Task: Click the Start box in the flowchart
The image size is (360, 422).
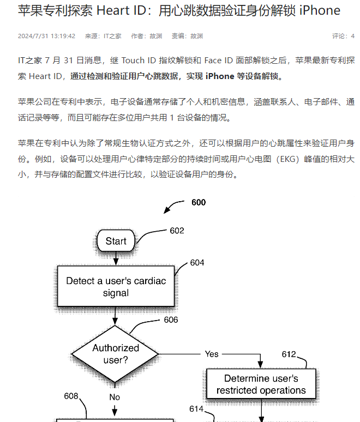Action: [x=116, y=240]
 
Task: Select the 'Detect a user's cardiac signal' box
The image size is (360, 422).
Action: [x=116, y=286]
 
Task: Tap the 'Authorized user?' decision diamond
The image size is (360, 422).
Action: [x=115, y=354]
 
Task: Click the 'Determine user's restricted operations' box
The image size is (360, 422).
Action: [x=261, y=384]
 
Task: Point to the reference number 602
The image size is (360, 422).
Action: [x=177, y=231]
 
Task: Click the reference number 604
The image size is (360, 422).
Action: [x=197, y=263]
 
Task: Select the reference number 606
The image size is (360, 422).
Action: [x=171, y=319]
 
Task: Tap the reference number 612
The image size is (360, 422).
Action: [x=289, y=354]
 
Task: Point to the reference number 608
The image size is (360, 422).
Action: [x=71, y=396]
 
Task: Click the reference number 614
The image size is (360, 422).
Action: [x=196, y=409]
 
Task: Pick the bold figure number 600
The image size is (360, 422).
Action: [x=199, y=202]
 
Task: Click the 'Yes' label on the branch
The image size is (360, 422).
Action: [x=212, y=354]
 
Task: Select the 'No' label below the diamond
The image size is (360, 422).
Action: [x=115, y=397]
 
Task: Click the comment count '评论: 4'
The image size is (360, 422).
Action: [x=343, y=36]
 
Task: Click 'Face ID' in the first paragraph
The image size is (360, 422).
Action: [x=218, y=61]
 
